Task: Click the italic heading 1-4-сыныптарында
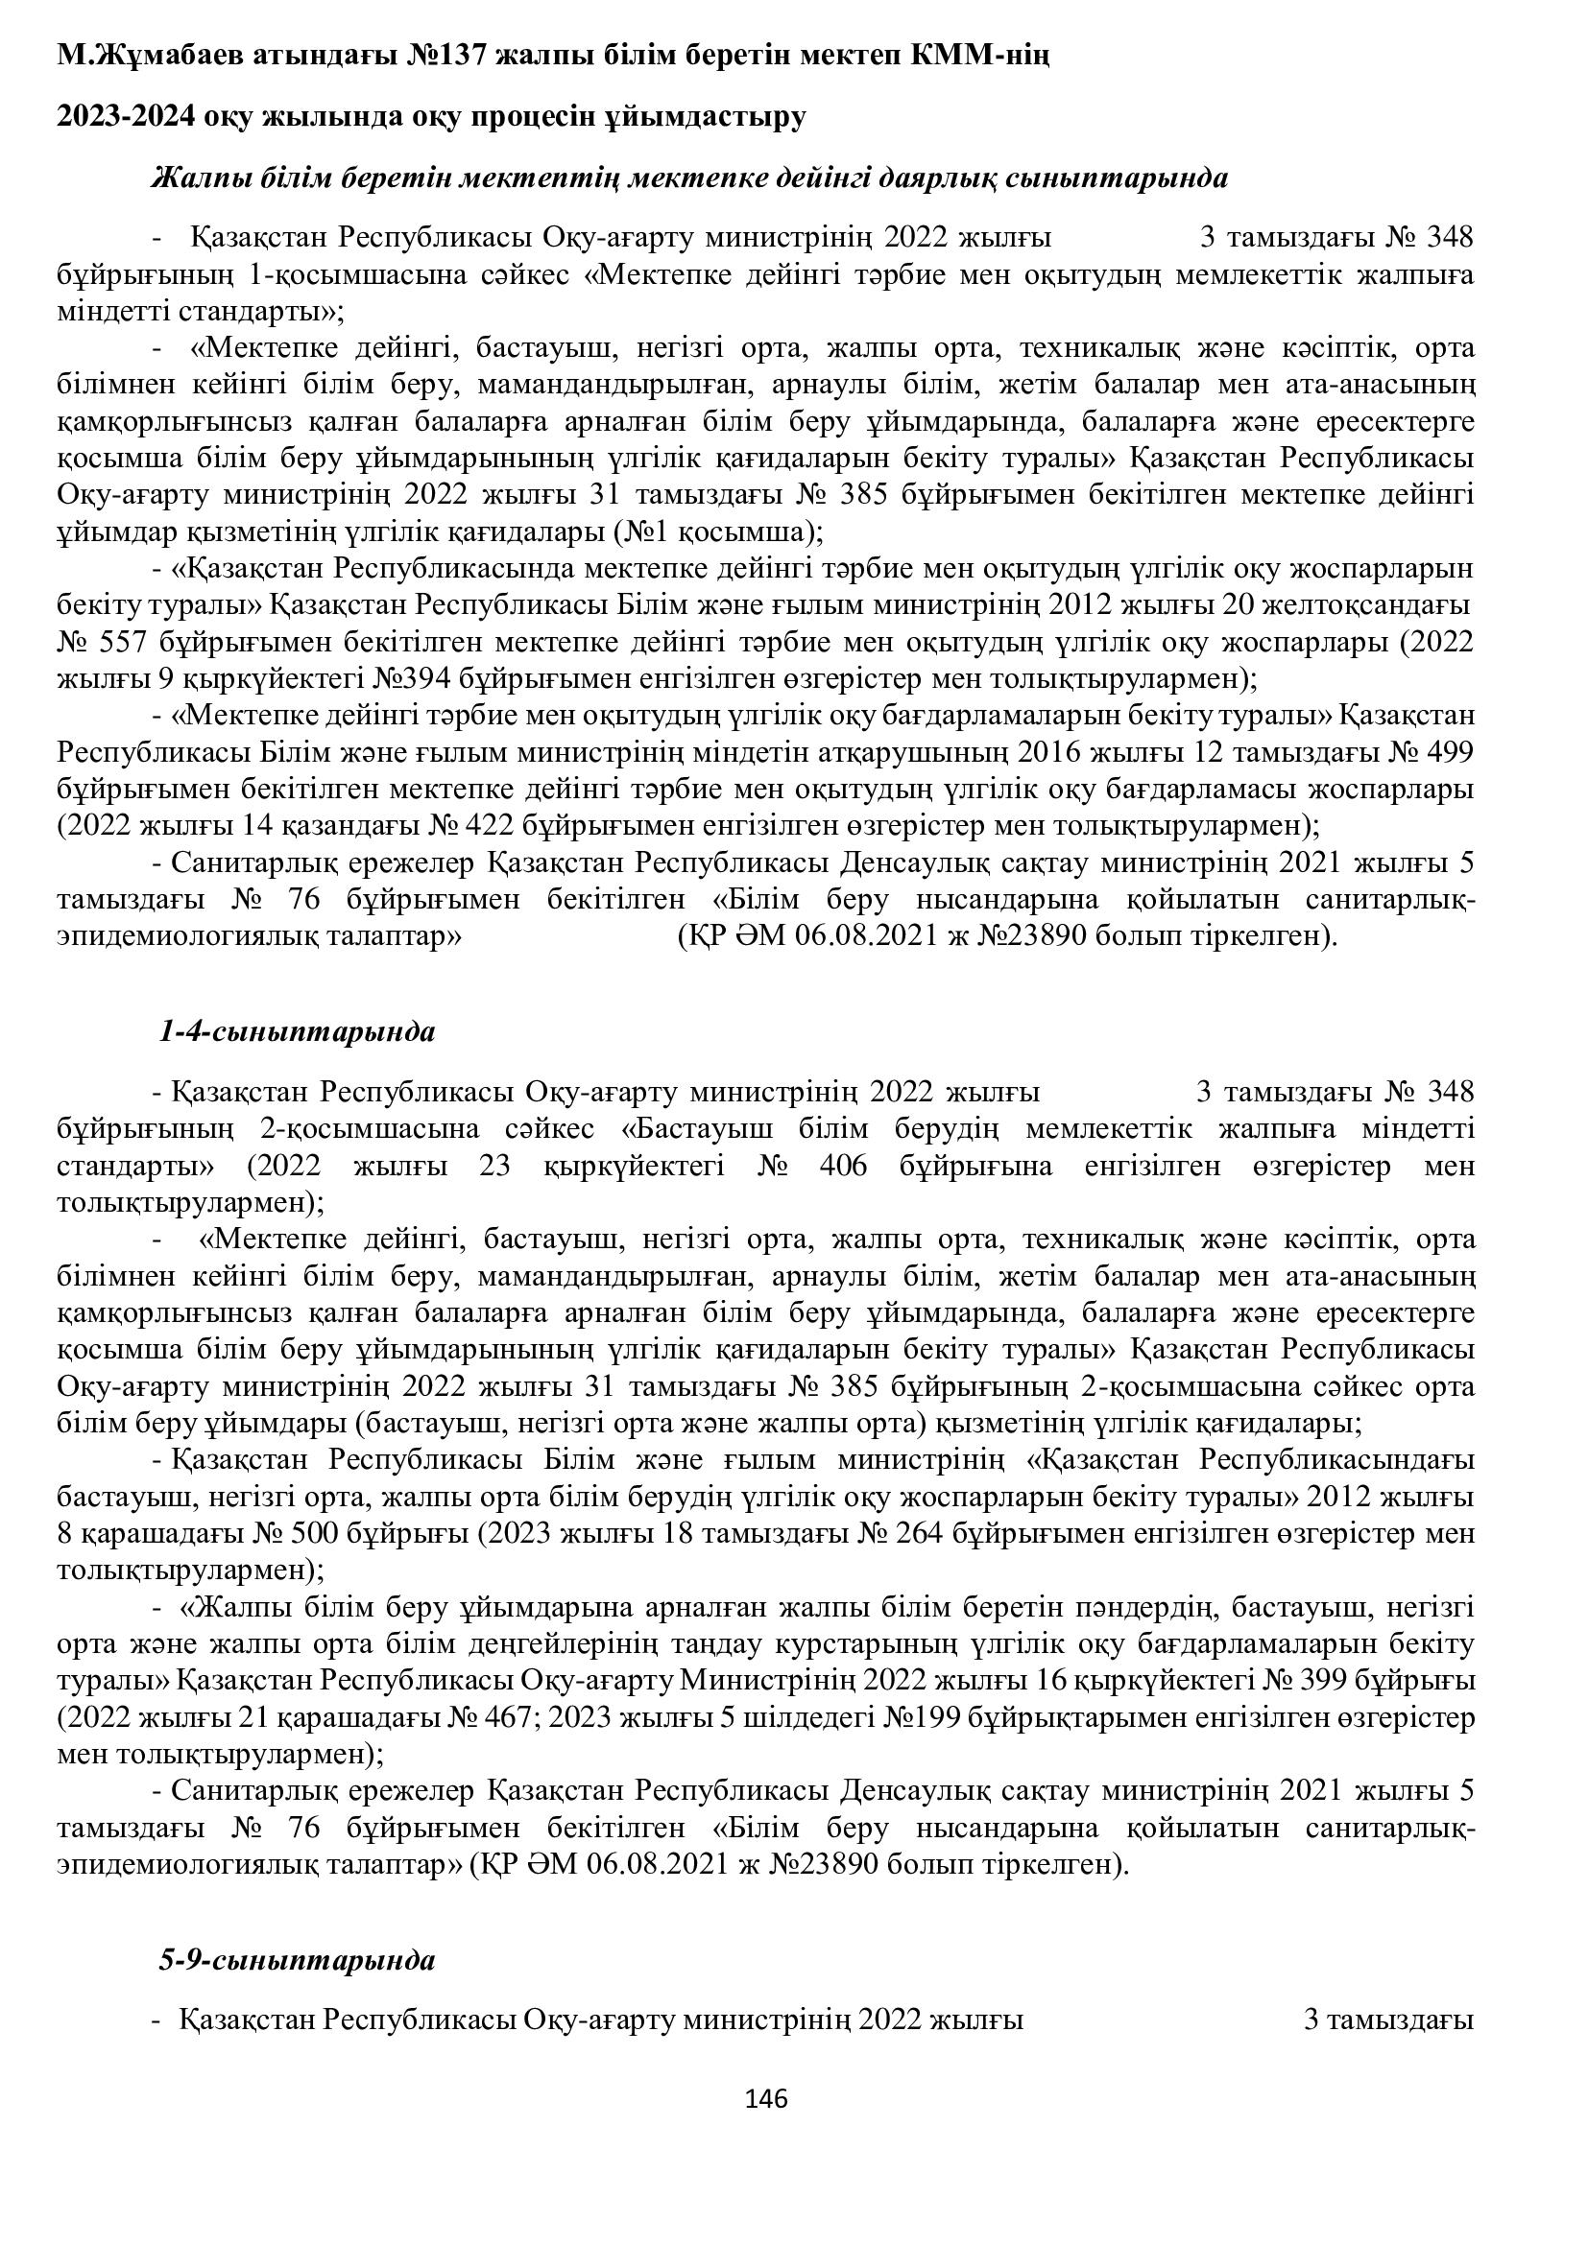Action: point(298,1031)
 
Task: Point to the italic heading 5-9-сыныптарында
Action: point(298,1933)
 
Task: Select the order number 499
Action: point(1447,752)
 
